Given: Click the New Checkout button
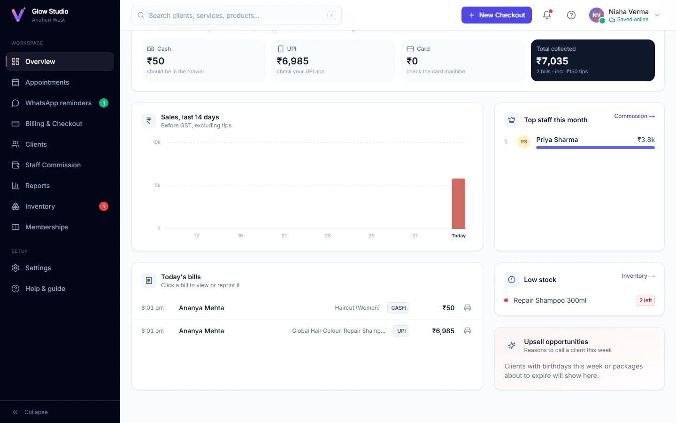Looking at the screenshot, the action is pos(497,15).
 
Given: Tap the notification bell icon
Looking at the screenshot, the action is pos(547,15).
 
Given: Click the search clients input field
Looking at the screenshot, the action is pos(237,15).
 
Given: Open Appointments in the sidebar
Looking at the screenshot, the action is pos(47,82).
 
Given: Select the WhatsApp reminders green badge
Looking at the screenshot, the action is pos(103,103).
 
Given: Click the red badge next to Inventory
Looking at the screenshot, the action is pos(103,206).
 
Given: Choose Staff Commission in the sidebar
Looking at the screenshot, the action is pos(53,165).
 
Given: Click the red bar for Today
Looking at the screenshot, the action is pos(458,204).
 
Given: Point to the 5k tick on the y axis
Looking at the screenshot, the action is pos(158,185).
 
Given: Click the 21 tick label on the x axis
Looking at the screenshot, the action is pos(284,235).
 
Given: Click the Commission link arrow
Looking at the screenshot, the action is pos(652,117).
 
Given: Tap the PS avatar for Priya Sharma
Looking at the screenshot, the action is pos(524,142).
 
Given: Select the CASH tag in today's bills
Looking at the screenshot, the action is pos(399,308).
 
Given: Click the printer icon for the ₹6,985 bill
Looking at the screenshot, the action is pos(468,331).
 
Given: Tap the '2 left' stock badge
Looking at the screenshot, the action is pos(645,300).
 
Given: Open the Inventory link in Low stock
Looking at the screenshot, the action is pos(638,276).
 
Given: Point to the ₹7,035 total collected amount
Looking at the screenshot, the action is pos(552,61).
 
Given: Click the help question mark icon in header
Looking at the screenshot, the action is pos(571,15).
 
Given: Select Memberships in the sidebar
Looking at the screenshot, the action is pos(46,227).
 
